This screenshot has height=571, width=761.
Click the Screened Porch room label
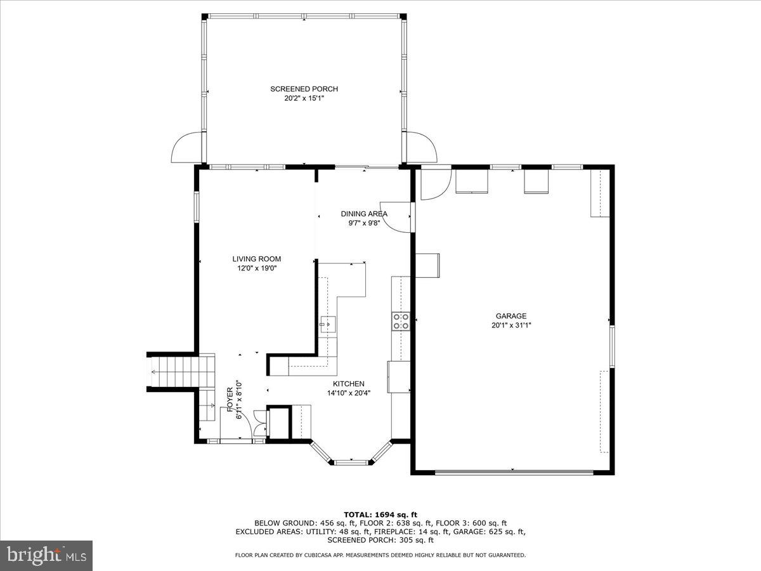pyautogui.click(x=304, y=89)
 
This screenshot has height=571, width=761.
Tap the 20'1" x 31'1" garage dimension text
pyautogui.click(x=511, y=325)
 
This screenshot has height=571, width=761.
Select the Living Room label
pyautogui.click(x=256, y=259)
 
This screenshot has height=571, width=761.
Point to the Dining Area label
pyautogui.click(x=364, y=214)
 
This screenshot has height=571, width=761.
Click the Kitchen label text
pyautogui.click(x=349, y=384)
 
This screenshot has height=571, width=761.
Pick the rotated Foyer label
pyautogui.click(x=230, y=400)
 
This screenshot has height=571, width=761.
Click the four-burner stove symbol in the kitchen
pyautogui.click(x=401, y=321)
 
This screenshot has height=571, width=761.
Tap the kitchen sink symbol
pyautogui.click(x=328, y=324)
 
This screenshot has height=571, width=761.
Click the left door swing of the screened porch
pyautogui.click(x=187, y=148)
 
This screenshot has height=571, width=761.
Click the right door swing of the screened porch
pyautogui.click(x=421, y=148)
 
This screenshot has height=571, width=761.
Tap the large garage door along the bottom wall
pyautogui.click(x=514, y=472)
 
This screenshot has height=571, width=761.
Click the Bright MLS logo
pyautogui.click(x=46, y=555)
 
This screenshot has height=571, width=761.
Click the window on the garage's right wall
pyautogui.click(x=612, y=346)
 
